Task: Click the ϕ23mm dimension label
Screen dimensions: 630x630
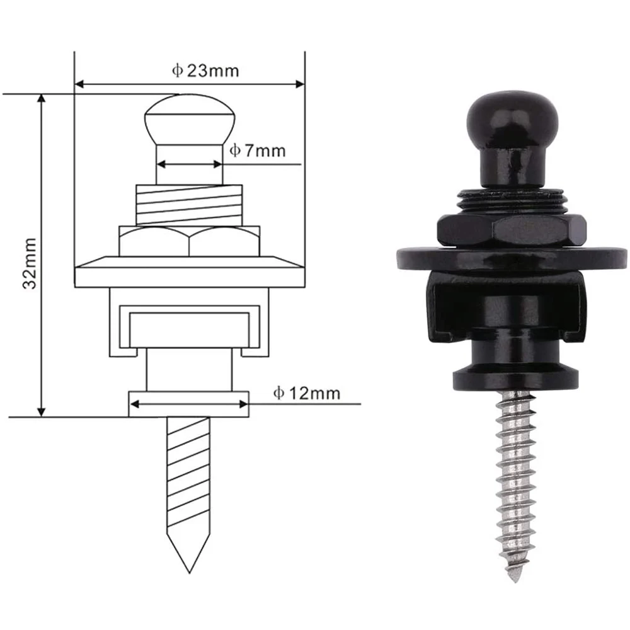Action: pos(205,70)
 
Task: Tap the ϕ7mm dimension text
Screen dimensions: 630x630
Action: pos(256,151)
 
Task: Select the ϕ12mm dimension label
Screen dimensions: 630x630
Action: pos(306,393)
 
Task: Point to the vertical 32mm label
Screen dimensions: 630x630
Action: pos(28,263)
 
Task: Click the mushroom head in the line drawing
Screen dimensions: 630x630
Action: pos(190,120)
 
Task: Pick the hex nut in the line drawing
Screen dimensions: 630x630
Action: pos(190,241)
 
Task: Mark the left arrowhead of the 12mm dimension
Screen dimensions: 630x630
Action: pos(134,403)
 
